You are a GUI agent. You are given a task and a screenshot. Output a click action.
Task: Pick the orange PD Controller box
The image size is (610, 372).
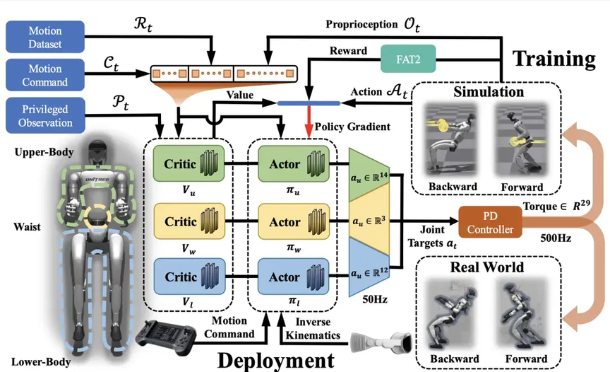click(489, 221)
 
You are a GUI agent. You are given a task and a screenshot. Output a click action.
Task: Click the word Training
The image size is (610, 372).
click(553, 58)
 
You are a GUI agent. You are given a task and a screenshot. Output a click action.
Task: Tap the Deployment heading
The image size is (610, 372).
click(275, 359)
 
